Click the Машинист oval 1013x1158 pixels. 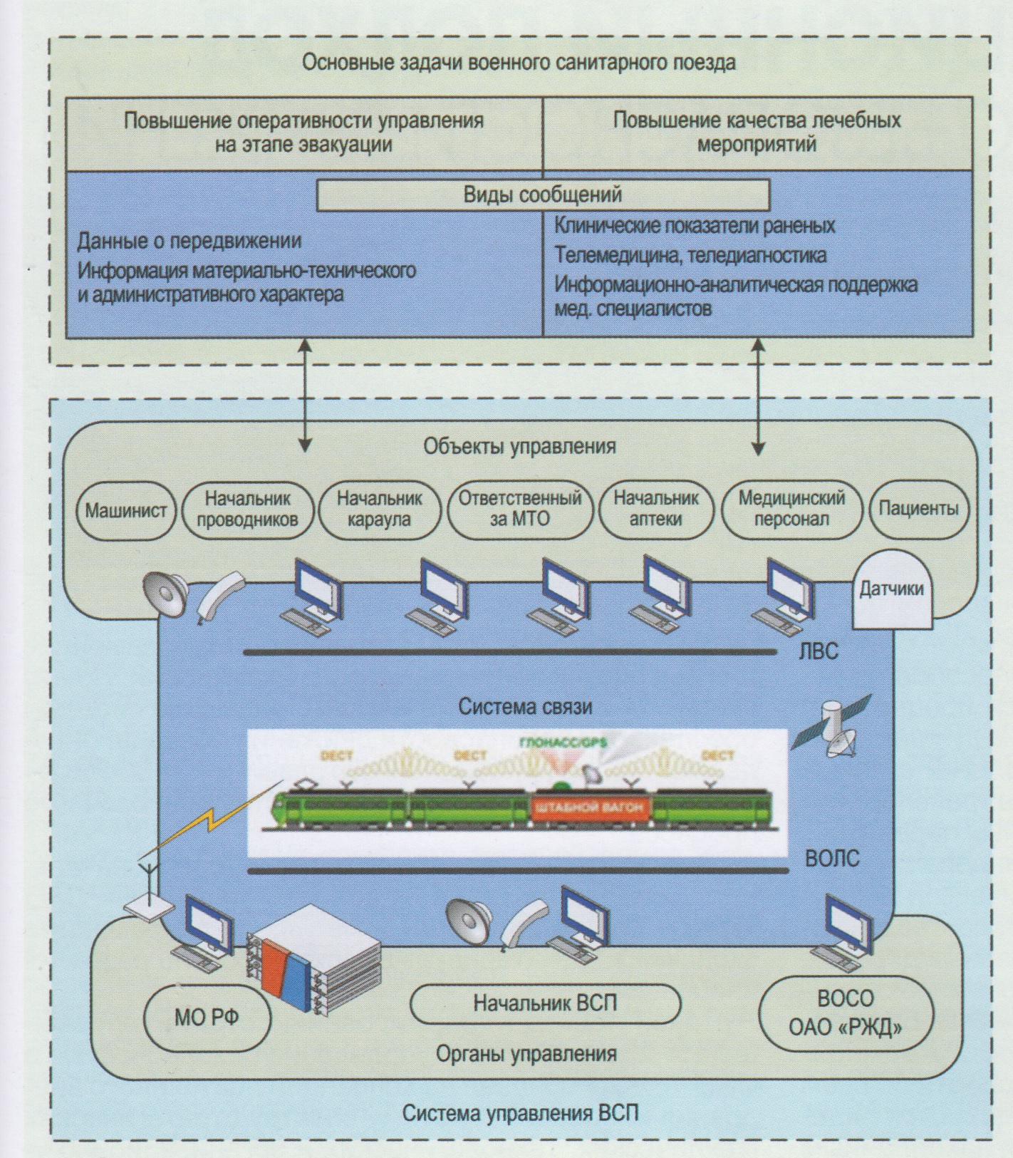(x=125, y=510)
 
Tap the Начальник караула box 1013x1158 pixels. (x=379, y=508)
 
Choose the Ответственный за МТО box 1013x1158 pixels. (x=519, y=508)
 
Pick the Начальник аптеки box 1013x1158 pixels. (x=656, y=508)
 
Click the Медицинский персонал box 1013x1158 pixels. (x=791, y=508)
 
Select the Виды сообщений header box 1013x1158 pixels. (x=543, y=195)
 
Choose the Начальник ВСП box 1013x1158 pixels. (x=545, y=1003)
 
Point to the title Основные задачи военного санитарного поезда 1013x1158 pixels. (x=519, y=63)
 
